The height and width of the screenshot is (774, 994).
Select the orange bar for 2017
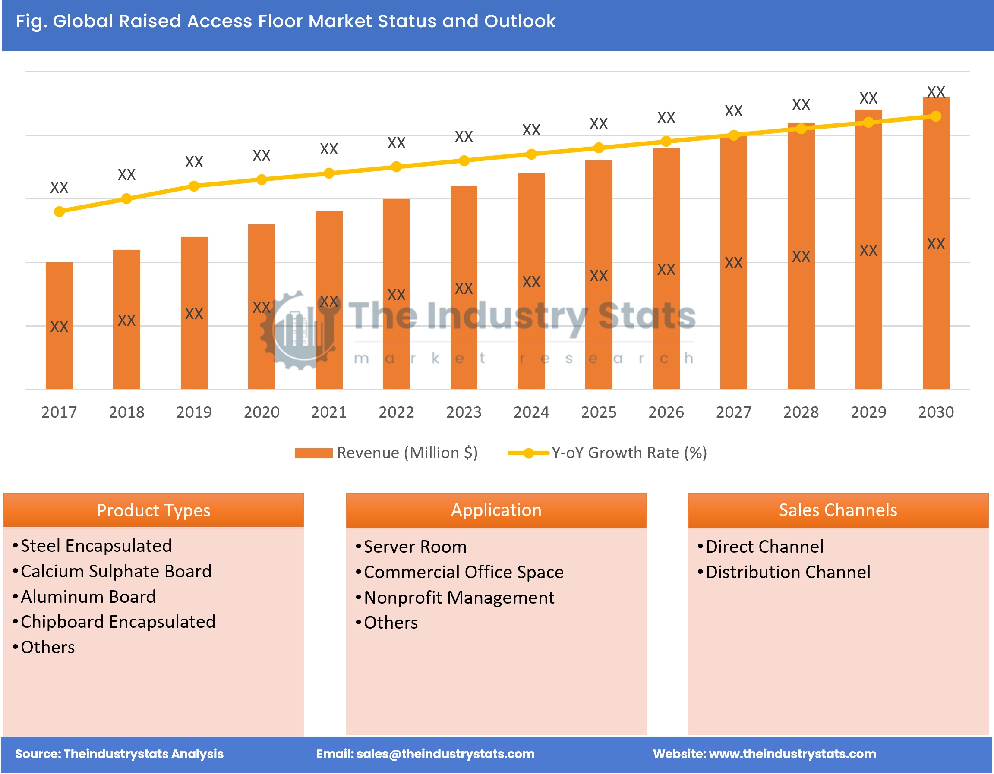59,325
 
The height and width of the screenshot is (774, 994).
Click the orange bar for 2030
935,243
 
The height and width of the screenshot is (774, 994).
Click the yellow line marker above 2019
194,186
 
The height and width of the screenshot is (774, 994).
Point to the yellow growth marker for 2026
666,142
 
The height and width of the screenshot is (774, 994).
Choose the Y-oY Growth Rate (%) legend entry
608,453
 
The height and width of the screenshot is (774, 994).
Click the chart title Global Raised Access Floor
285,22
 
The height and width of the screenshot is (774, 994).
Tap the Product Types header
153,510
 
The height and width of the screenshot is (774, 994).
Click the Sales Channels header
837,510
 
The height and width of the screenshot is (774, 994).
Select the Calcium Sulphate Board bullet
116,571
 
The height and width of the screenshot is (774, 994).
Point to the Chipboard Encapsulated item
117,622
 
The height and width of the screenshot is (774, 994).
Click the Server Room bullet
415,547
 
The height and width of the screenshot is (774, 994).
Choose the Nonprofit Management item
459,598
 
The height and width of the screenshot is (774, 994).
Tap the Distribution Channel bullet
787,572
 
